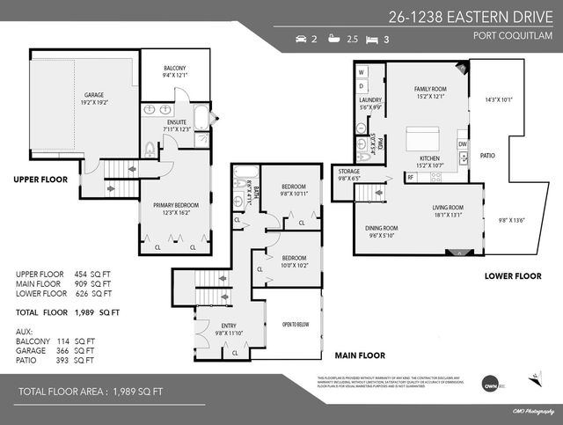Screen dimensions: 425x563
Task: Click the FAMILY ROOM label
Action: point(430,89)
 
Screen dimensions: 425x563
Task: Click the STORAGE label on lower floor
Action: point(348,172)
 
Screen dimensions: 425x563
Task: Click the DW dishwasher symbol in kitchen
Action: point(462,143)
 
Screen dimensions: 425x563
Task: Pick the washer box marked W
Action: point(362,70)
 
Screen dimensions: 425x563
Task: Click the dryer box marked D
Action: point(362,85)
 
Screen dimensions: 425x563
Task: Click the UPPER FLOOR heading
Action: point(40,179)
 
